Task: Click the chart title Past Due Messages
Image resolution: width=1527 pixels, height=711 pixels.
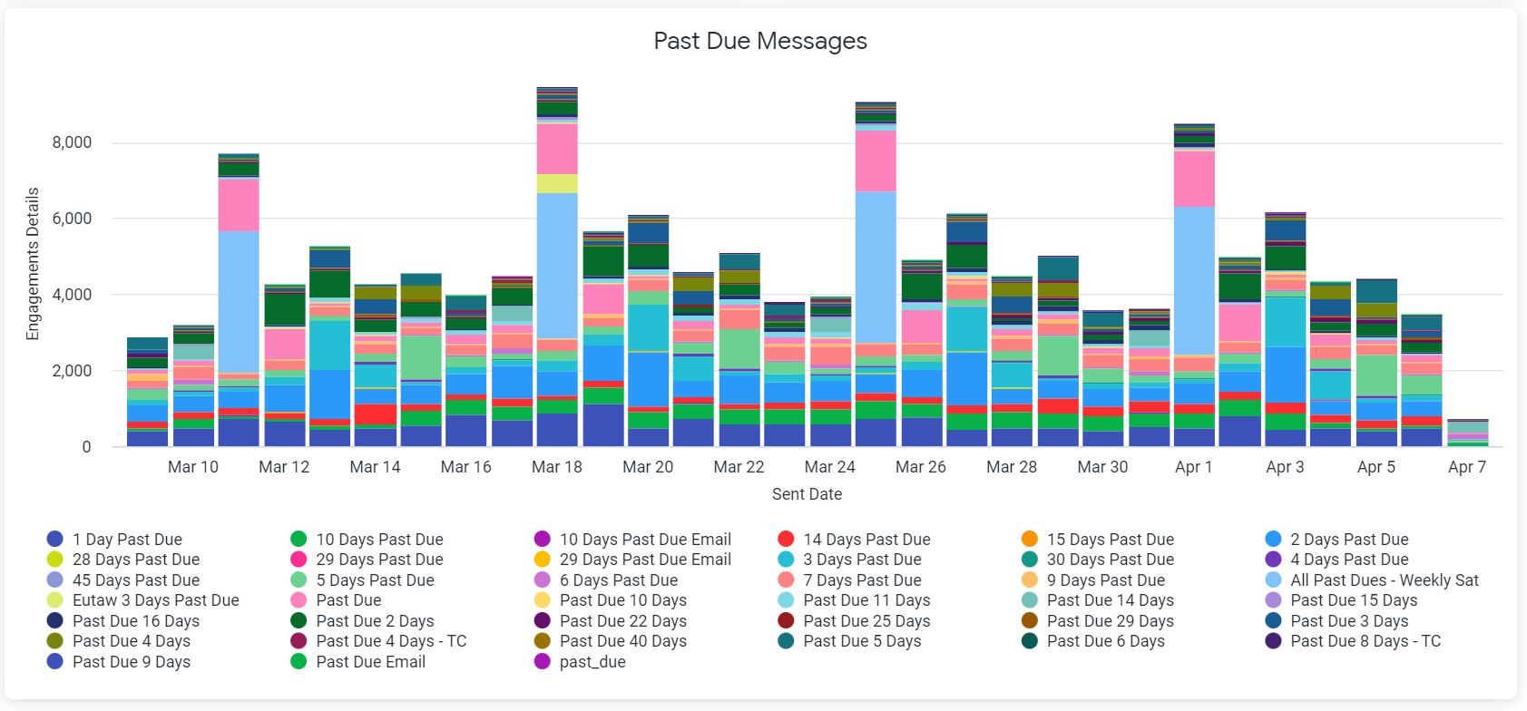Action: (x=760, y=41)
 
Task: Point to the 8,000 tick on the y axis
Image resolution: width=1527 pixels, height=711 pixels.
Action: (x=72, y=142)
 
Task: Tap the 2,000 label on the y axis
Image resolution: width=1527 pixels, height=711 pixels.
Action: (x=72, y=370)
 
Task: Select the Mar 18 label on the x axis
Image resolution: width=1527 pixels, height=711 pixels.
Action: (x=557, y=467)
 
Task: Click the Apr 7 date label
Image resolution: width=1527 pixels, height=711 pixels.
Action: (x=1466, y=467)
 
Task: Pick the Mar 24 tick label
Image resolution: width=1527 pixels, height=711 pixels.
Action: (x=829, y=467)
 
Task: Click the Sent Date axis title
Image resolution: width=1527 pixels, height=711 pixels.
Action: (x=807, y=494)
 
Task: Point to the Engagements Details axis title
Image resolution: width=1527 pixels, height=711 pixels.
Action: (x=34, y=264)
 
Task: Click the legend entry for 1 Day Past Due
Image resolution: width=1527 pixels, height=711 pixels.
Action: (x=127, y=540)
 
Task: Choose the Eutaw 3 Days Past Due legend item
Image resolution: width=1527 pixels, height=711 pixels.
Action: (x=155, y=600)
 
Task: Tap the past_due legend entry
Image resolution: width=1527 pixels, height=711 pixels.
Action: (x=592, y=662)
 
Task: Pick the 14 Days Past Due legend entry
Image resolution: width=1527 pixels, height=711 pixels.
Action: (x=866, y=540)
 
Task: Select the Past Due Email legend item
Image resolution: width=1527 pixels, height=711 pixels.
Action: (x=370, y=662)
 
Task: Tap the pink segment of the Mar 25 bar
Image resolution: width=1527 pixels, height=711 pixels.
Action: (x=876, y=161)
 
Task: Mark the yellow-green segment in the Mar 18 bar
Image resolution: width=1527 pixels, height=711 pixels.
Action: (x=557, y=183)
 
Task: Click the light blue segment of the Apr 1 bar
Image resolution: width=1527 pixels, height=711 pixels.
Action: (x=1194, y=280)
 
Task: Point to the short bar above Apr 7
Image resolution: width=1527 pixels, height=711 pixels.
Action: (x=1467, y=433)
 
